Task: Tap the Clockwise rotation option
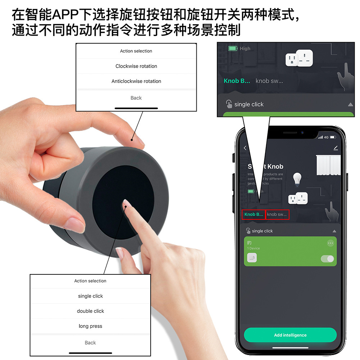tap(136, 66)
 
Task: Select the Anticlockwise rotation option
tap(136, 81)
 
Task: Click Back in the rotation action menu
tap(136, 98)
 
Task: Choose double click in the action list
tap(90, 311)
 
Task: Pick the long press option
tap(90, 326)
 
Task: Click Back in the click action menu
tap(90, 343)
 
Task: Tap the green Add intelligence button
tap(290, 335)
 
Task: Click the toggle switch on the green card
tap(327, 259)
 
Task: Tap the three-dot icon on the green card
tap(330, 243)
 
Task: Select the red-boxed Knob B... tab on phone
tap(254, 214)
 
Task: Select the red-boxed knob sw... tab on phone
tap(277, 214)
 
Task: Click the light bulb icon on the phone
tap(297, 178)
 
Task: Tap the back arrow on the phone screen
tap(245, 148)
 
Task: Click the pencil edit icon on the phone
tap(336, 148)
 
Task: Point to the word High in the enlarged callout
tap(245, 49)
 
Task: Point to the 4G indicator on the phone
tap(326, 137)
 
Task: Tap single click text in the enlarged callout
tap(249, 104)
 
